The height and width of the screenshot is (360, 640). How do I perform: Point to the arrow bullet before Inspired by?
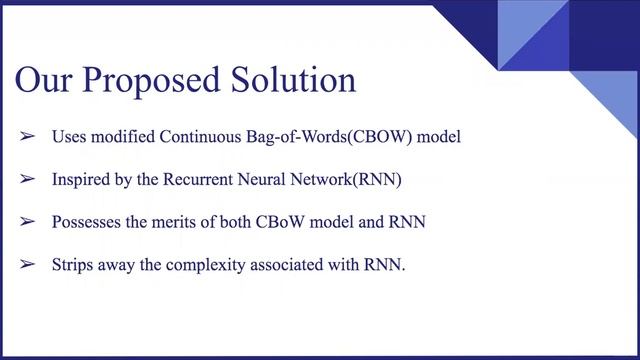point(28,179)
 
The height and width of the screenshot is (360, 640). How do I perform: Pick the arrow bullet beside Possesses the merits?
point(28,222)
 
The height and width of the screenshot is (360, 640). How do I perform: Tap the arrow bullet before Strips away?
point(28,265)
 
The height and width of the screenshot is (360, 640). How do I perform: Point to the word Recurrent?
point(199,179)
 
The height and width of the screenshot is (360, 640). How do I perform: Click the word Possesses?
point(87,222)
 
